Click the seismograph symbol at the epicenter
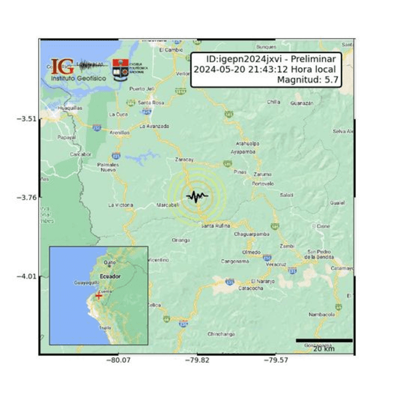coord(197,197)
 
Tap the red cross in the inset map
coord(98,296)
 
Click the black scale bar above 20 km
coord(324,340)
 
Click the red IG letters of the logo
coord(62,66)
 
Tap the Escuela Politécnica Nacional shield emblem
coord(119,70)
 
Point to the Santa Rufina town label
coord(215,226)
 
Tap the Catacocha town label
coord(251,287)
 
